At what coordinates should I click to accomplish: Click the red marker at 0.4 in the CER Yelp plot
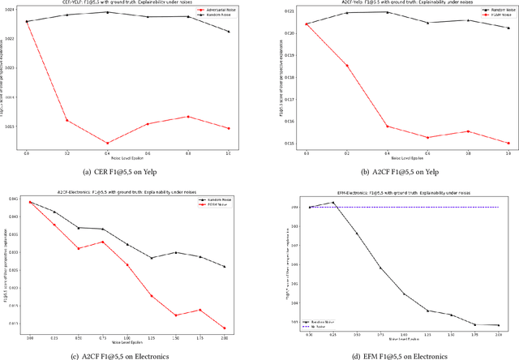pos(107,143)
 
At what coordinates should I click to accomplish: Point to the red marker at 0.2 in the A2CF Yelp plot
pos(346,66)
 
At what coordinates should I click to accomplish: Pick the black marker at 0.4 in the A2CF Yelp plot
pos(387,12)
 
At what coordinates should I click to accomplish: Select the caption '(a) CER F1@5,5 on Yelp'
pos(127,173)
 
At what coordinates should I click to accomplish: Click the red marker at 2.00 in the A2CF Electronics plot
pos(225,328)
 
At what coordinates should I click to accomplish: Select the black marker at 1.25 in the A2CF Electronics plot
pos(152,258)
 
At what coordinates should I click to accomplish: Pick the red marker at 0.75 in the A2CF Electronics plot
pos(103,242)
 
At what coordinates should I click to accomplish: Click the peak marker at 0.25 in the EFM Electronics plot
pos(333,203)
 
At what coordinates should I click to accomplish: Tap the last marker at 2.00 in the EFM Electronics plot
pos(498,325)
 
